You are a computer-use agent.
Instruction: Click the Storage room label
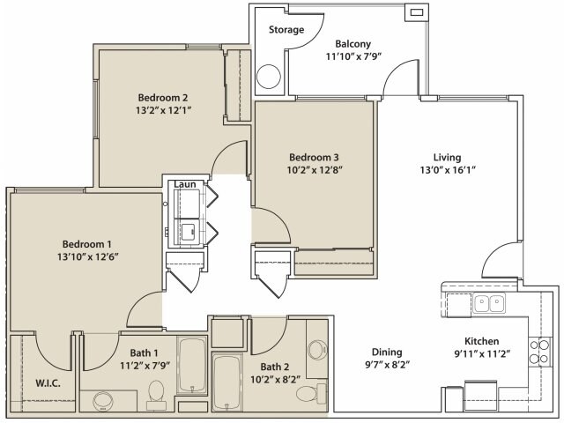coord(286,30)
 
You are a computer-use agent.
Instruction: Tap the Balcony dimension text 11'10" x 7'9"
coord(353,56)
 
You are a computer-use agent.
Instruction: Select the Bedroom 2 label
coord(163,98)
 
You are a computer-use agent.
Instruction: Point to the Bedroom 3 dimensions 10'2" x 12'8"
coord(315,170)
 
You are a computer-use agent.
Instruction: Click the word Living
coord(447,158)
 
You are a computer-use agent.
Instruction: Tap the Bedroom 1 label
coord(87,244)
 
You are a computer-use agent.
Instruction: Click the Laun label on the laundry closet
coord(185,184)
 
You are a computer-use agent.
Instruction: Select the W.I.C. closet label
coord(48,383)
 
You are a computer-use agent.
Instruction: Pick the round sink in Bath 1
coord(103,402)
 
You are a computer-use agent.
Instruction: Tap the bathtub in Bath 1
coord(192,366)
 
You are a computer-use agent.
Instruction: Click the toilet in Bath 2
coord(311,394)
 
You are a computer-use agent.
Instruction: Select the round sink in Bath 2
coord(317,349)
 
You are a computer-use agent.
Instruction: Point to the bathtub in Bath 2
coord(227,382)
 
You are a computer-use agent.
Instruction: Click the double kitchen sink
coord(489,303)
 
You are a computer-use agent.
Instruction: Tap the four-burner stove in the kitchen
coord(539,352)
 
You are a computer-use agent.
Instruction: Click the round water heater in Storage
coord(268,77)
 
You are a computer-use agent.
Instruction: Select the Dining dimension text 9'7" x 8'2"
coord(387,365)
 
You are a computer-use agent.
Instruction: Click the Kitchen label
coord(482,341)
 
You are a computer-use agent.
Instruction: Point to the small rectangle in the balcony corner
coord(417,13)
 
